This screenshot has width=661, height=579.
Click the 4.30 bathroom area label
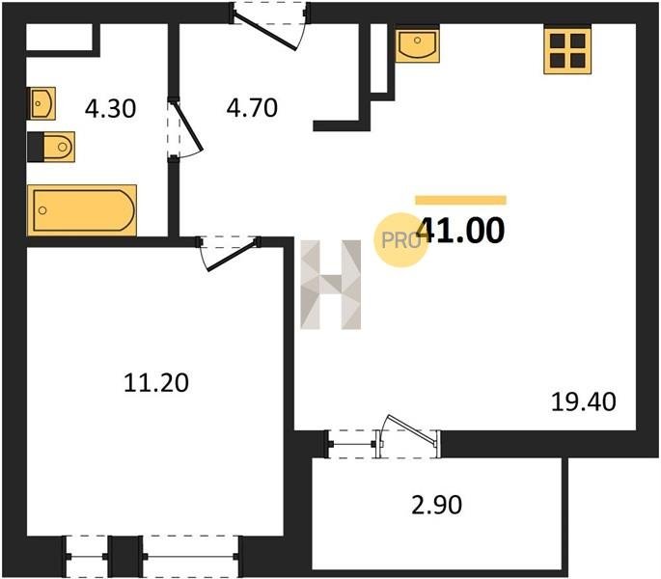[110, 108]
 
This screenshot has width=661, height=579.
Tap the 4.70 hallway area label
[252, 107]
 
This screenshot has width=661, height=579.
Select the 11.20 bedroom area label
[156, 383]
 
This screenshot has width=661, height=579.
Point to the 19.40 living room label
[584, 401]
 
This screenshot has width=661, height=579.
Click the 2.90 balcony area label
[437, 505]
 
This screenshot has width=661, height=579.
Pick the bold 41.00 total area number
[460, 231]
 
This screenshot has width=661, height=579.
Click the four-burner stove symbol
[567, 50]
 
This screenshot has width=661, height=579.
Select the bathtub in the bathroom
[82, 210]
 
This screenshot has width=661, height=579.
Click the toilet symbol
[51, 147]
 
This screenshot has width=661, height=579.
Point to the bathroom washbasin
[41, 103]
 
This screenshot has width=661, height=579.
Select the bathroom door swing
[185, 129]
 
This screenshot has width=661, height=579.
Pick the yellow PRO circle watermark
[400, 240]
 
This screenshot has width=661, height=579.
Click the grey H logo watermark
[330, 285]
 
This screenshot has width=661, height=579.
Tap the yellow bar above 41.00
[460, 200]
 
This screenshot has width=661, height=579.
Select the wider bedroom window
[191, 557]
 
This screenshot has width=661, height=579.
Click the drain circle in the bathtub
[42, 210]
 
